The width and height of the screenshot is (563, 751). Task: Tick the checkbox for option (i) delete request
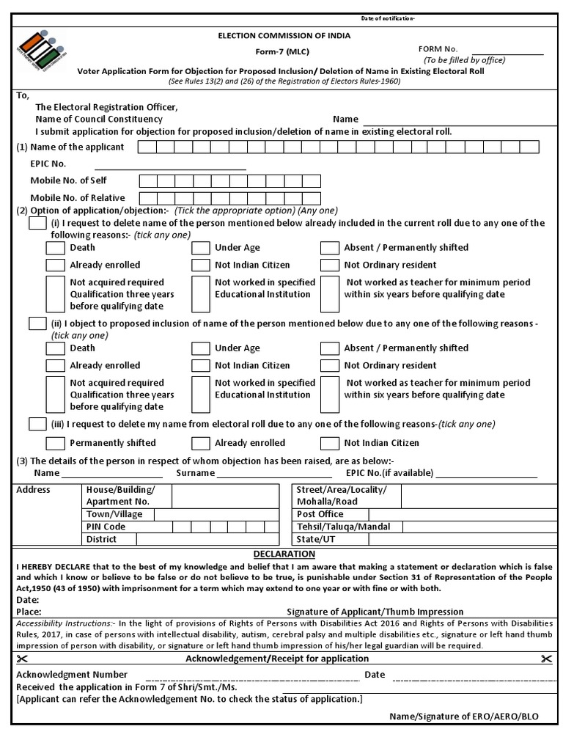pos(37,223)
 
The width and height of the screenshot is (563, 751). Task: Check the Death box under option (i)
pos(55,248)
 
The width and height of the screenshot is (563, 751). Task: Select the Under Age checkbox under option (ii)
pos(200,348)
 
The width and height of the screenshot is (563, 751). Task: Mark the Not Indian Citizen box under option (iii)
pos(330,443)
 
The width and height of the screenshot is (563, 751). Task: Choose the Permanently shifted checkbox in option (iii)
pos(55,443)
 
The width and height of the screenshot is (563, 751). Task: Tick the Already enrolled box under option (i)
pos(55,265)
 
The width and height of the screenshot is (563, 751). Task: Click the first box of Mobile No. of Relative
pos(147,198)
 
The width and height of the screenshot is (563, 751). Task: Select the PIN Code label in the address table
pos(106,527)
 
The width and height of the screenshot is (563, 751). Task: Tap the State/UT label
pos(317,539)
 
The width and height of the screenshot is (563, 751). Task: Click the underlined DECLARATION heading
pos(284,554)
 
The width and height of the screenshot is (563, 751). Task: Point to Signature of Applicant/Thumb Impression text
pos(375,612)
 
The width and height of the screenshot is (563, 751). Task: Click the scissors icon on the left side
pos(21,659)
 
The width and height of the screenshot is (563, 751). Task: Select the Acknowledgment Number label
pos(72,675)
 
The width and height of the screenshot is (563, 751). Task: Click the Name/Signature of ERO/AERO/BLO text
pos(463,717)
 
